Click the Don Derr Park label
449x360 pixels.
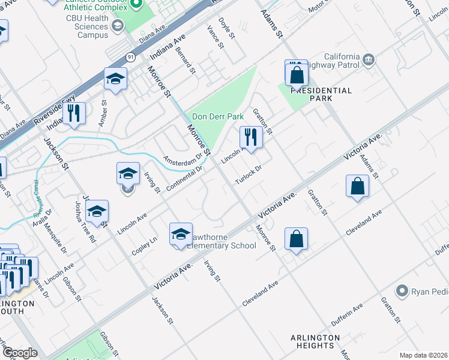217,116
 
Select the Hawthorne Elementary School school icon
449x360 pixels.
181,235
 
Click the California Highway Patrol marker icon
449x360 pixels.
369,59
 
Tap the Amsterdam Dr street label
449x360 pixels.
183,161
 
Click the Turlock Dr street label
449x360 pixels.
249,175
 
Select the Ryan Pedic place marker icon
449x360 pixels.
402,292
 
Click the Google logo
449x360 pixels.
20,353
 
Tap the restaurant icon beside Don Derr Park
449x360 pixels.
251,137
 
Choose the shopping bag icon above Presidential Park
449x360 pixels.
297,74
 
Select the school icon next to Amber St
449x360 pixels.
115,79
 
